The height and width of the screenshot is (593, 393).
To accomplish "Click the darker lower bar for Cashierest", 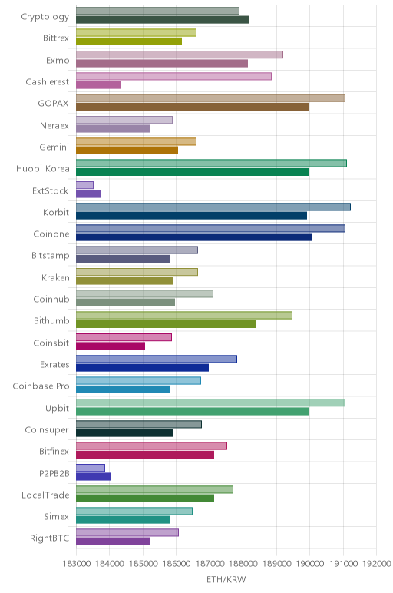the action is click(x=98, y=85).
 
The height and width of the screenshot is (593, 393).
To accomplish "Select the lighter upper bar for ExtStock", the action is click(x=84, y=185).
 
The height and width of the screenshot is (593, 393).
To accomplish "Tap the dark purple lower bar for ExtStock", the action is click(x=88, y=194).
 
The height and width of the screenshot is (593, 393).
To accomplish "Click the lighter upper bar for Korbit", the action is click(x=213, y=207).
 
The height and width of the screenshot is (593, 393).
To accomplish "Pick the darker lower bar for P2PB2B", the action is click(x=94, y=476).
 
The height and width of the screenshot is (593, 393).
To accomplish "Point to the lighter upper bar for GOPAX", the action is click(x=210, y=98).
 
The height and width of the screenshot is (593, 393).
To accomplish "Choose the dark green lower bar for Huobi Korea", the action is click(x=193, y=172).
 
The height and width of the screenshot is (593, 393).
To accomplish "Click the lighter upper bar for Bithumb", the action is click(x=184, y=316).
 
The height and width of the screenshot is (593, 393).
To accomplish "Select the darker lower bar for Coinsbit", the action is click(x=111, y=346).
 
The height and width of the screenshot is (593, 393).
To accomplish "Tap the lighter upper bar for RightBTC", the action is click(x=127, y=533).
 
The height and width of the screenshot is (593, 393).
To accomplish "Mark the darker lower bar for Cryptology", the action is click(x=163, y=20).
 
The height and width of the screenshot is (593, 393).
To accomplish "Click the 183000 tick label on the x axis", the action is click(x=77, y=564).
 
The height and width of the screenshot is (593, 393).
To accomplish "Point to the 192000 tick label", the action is click(x=376, y=564).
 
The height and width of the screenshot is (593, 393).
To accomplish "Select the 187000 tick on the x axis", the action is click(x=210, y=564).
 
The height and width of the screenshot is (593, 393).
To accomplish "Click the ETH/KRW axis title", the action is click(x=226, y=579).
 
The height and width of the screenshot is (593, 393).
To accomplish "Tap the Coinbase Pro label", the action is click(x=41, y=386).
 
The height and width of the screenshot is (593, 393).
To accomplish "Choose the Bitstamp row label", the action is click(x=51, y=256).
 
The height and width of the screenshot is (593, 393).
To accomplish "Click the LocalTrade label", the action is click(x=46, y=495).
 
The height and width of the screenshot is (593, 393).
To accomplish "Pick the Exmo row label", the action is click(x=58, y=61).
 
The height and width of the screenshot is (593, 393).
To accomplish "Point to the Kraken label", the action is click(x=55, y=277).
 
